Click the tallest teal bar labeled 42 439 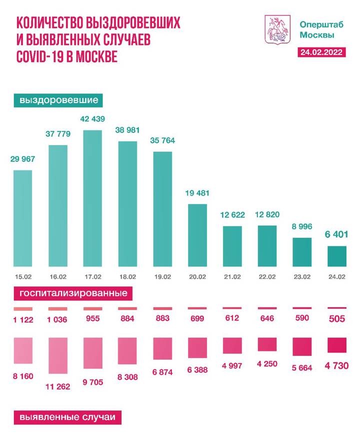point(92,198)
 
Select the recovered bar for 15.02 point(22,218)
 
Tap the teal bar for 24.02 point(337,256)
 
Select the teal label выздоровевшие point(58,100)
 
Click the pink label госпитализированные point(73,293)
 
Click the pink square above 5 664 point(301,346)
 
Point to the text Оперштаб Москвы point(316,29)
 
